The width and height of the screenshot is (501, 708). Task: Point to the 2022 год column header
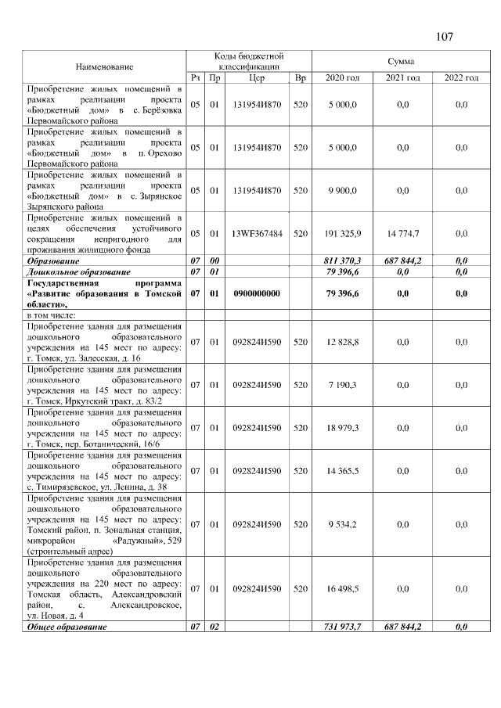[461, 78]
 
